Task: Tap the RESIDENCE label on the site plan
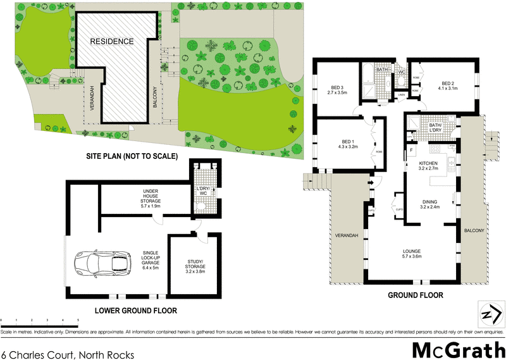pos(111,42)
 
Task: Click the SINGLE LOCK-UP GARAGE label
pos(151,258)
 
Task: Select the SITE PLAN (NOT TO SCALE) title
pos(132,156)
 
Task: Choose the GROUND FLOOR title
pos(414,295)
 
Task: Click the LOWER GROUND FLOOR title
pos(135,311)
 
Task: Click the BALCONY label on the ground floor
pos(474,230)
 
